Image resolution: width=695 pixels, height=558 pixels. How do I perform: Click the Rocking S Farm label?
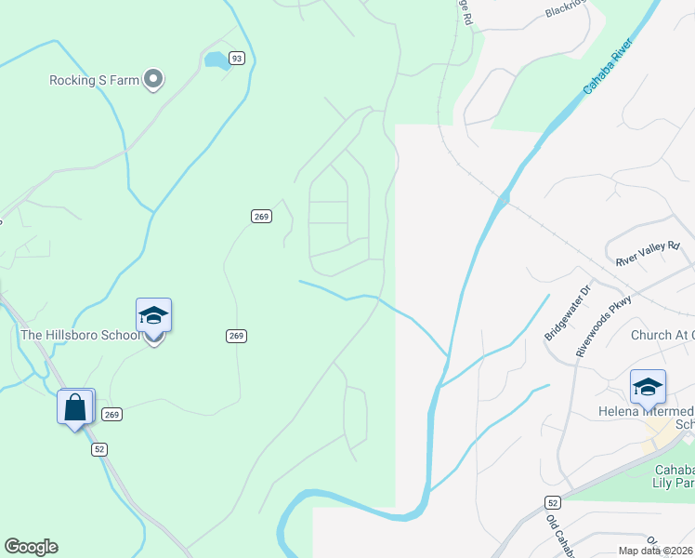click(94, 80)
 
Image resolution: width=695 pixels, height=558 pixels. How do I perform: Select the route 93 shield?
click(237, 59)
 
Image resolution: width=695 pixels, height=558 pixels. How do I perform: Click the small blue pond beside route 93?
click(216, 61)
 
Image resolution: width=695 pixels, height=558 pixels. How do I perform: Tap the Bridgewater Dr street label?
click(566, 312)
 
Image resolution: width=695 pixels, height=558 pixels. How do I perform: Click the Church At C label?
click(662, 336)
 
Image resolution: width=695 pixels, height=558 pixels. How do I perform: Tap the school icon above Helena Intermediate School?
click(648, 386)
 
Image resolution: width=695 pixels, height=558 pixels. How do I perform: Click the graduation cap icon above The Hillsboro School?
click(153, 315)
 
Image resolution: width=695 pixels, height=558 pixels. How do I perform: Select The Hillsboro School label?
click(80, 335)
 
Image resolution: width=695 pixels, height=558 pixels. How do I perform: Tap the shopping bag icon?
click(75, 406)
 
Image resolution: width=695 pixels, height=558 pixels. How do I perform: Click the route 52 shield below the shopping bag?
click(99, 449)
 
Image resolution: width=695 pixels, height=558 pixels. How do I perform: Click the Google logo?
click(31, 547)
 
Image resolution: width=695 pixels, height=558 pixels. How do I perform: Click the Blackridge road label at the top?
click(568, 10)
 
